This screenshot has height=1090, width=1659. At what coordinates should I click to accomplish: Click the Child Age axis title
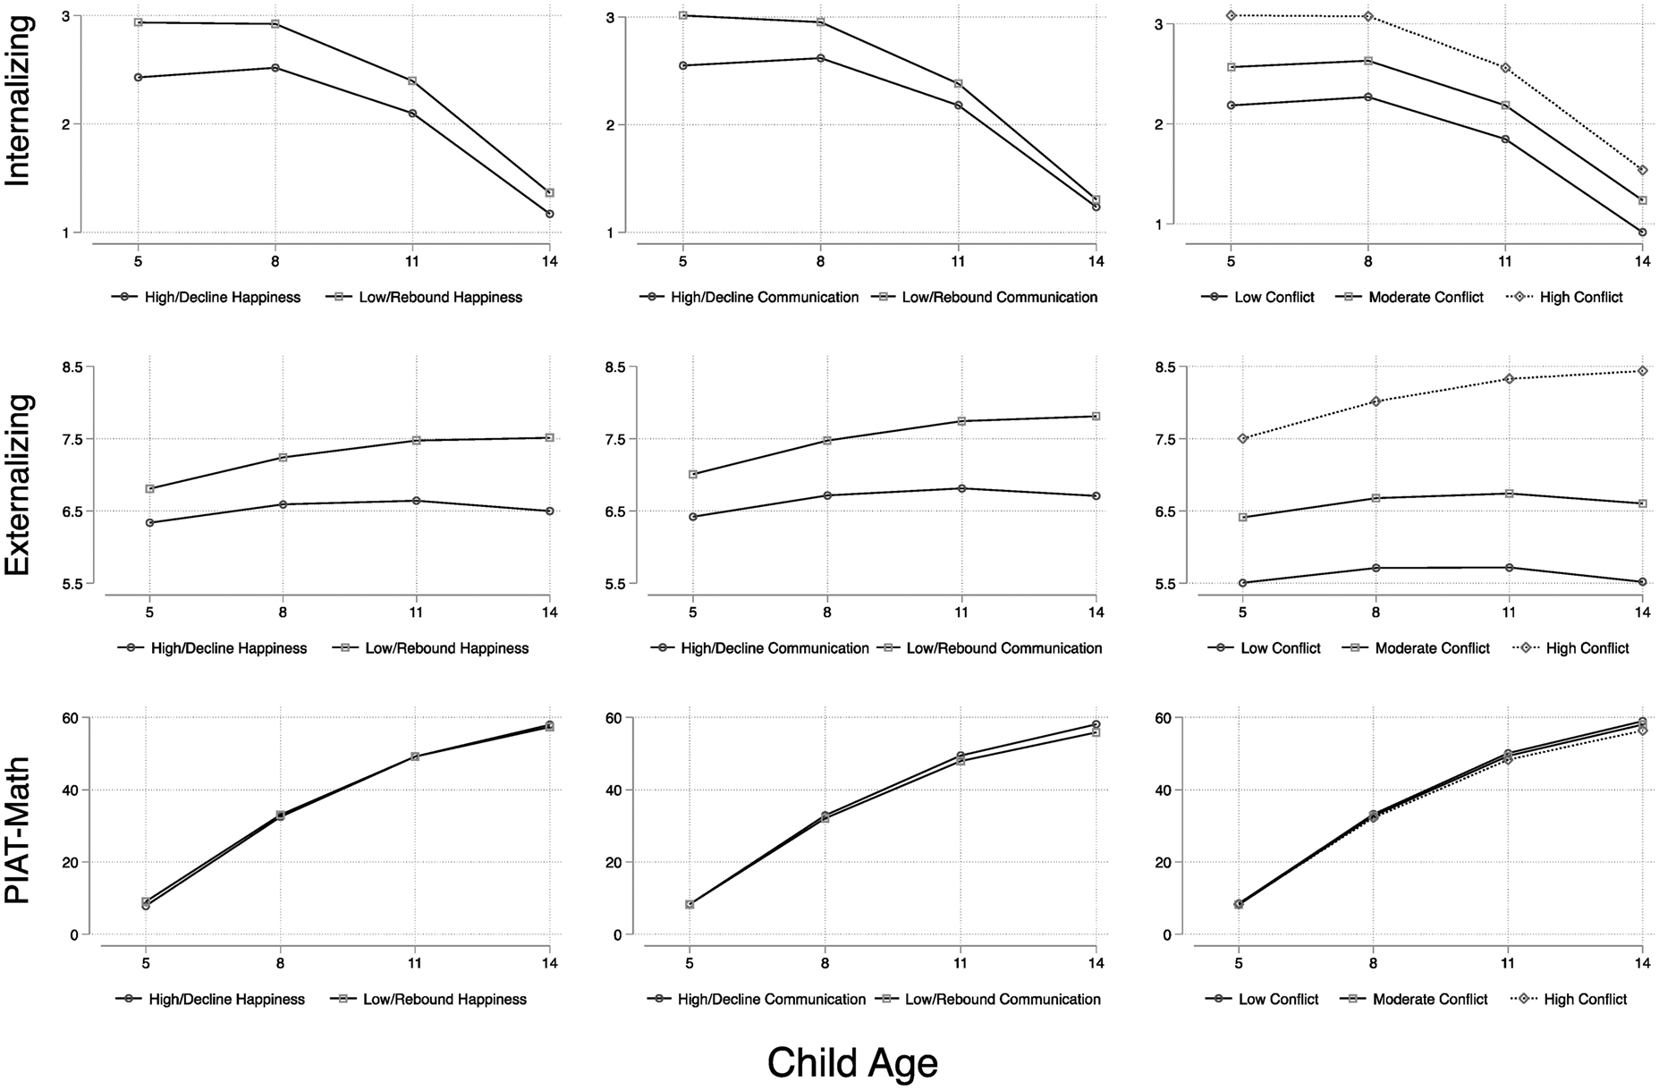[852, 1063]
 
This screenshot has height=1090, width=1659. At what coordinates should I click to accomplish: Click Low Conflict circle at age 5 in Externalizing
[1242, 583]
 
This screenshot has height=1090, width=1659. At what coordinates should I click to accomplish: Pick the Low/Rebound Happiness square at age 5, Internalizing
[138, 22]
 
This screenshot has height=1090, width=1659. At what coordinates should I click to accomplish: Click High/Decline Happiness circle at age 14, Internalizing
[549, 214]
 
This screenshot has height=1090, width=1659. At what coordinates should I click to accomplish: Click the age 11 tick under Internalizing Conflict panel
[1505, 262]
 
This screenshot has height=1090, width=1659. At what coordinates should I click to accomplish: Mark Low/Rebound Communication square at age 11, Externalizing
[961, 421]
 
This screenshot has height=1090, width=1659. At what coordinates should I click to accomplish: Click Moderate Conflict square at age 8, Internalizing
[1368, 61]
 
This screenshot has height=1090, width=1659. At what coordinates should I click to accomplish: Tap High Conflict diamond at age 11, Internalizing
[1505, 68]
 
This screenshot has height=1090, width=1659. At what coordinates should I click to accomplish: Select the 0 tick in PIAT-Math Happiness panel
[74, 934]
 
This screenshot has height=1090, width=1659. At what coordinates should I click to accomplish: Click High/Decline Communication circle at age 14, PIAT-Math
[1096, 724]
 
